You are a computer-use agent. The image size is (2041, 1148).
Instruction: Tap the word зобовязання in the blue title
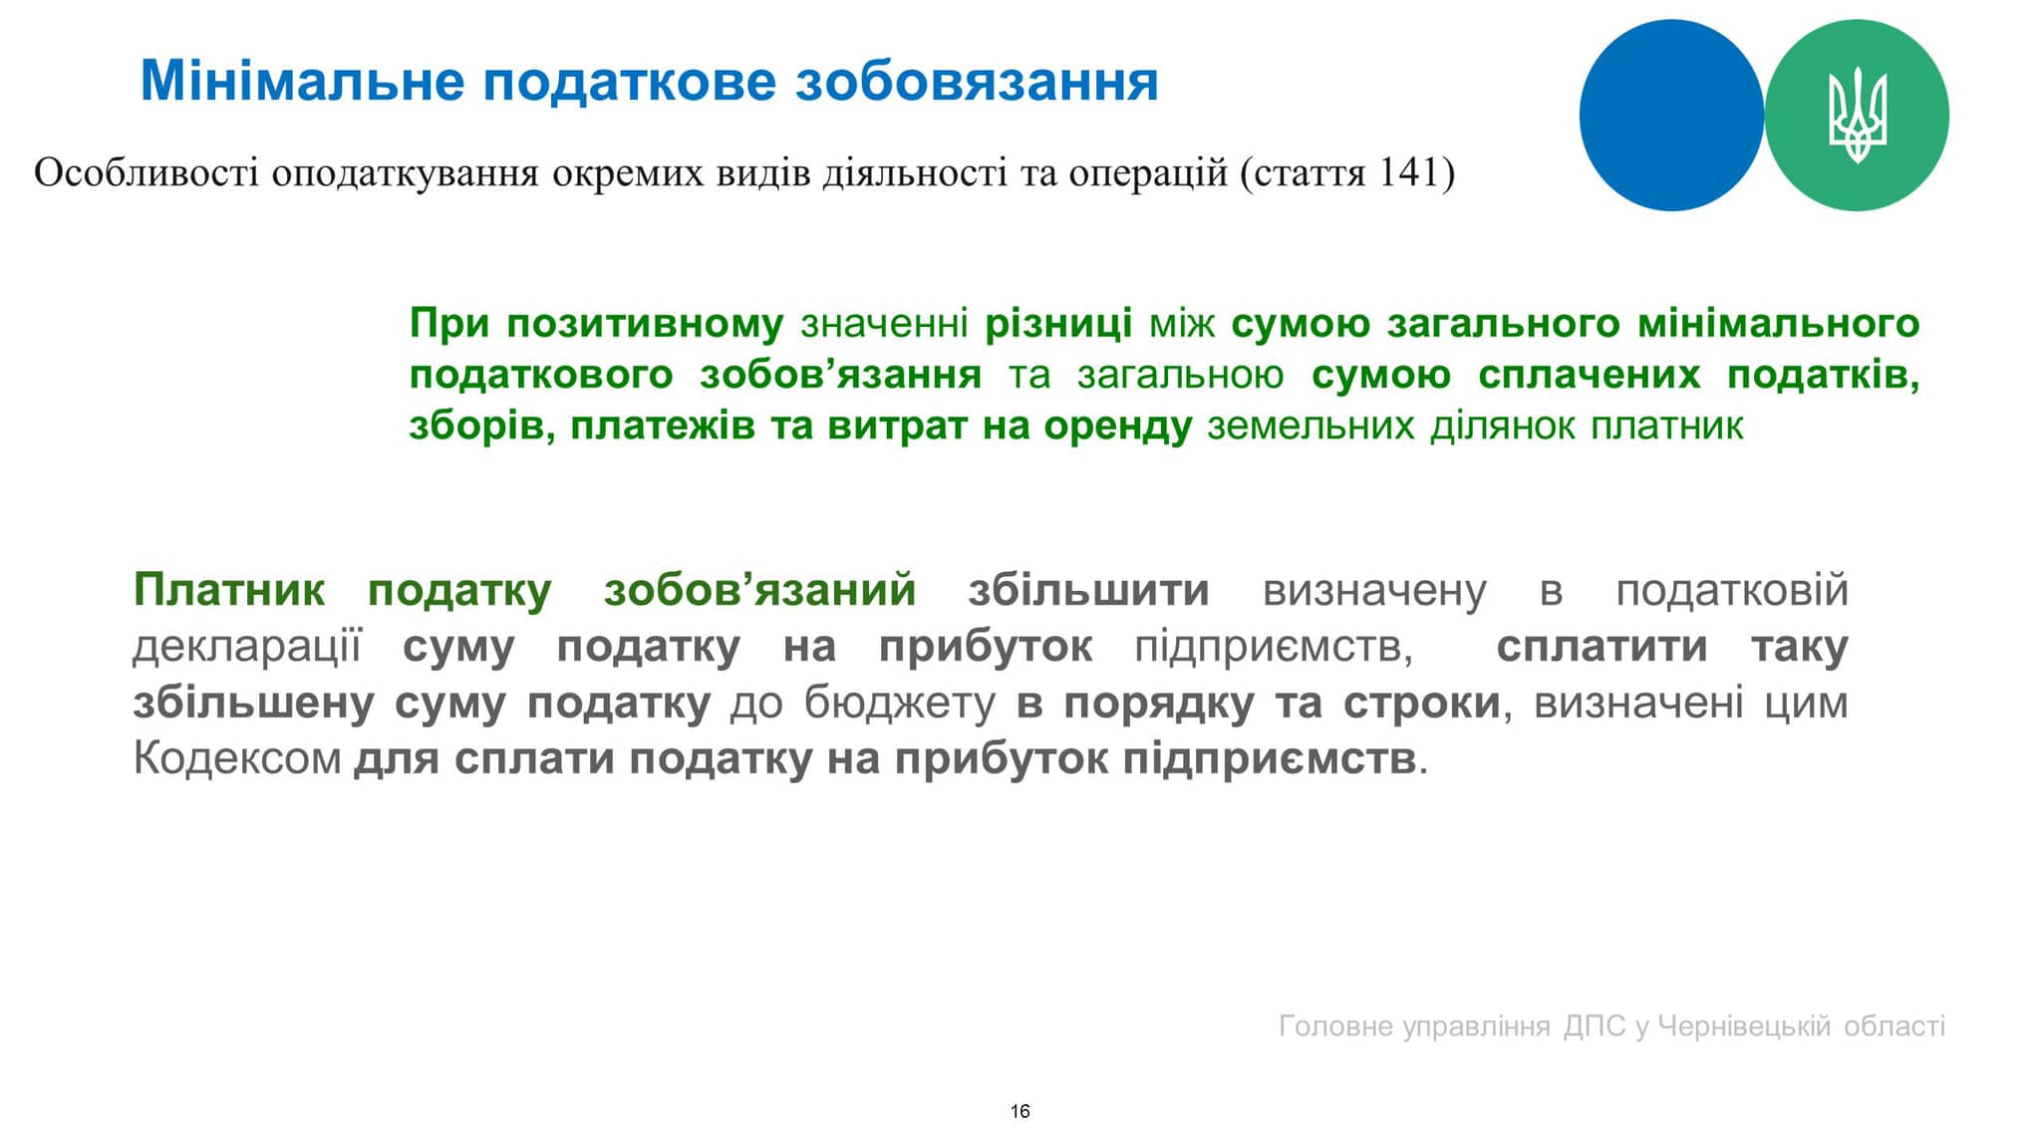(x=977, y=81)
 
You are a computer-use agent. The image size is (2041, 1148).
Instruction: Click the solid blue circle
(x=1671, y=116)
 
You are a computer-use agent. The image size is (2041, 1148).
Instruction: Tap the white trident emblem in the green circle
(x=1857, y=116)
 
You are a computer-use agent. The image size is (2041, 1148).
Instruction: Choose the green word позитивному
(x=645, y=324)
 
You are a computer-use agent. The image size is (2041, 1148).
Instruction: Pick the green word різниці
(x=1058, y=324)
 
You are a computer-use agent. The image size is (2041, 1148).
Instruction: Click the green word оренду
(x=1117, y=427)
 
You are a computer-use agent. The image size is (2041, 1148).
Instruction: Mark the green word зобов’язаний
(x=759, y=590)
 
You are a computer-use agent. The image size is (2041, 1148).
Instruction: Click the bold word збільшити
(x=1088, y=590)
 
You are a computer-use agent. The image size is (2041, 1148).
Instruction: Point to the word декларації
(x=246, y=647)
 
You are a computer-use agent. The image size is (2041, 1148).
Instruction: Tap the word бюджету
(x=900, y=703)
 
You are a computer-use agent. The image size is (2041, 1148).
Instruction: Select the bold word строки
(x=1421, y=703)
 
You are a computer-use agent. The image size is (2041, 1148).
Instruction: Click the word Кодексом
(x=237, y=758)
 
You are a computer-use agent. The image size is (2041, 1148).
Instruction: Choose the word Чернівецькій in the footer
(x=1744, y=1025)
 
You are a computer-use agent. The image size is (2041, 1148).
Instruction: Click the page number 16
(x=1020, y=1111)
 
